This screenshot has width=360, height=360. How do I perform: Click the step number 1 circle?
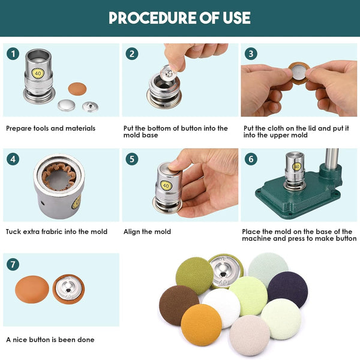click(13, 54)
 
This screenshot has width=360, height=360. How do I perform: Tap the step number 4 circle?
click(13, 159)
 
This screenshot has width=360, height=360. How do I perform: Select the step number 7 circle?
click(13, 264)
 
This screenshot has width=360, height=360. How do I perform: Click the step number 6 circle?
click(251, 159)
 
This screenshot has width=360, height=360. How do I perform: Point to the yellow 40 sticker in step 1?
click(38, 73)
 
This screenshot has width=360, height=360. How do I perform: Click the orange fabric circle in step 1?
click(77, 89)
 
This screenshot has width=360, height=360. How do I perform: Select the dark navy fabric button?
click(288, 289)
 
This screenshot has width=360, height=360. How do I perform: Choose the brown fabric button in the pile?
click(178, 305)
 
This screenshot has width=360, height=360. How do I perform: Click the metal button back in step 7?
click(68, 289)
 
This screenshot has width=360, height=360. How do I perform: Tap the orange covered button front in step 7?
click(32, 289)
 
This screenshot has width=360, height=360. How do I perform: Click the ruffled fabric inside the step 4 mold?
click(59, 176)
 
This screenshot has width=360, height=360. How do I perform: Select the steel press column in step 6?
click(332, 158)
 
